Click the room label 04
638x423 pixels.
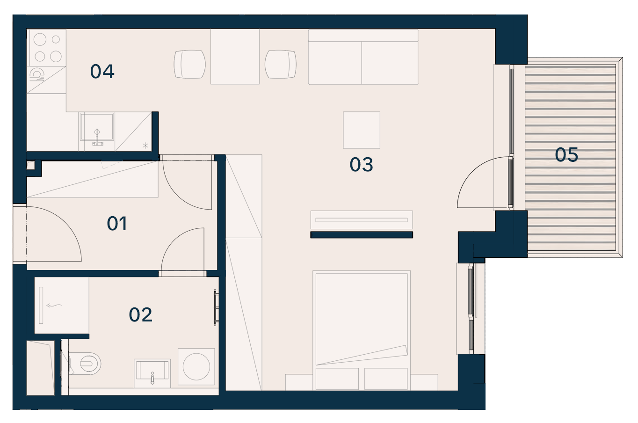(102, 71)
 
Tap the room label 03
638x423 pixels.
(361, 164)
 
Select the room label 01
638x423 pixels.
(117, 223)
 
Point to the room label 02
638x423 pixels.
(140, 314)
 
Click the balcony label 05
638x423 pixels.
(566, 155)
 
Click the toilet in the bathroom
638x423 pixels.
(85, 363)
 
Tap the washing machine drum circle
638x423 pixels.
(196, 366)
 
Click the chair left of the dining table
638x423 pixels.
(190, 64)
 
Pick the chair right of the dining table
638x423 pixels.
(281, 64)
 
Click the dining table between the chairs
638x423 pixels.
(235, 57)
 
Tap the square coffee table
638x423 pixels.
(362, 130)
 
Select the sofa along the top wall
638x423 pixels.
(363, 57)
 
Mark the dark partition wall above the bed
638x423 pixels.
(362, 235)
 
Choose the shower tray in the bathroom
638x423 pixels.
(62, 305)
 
